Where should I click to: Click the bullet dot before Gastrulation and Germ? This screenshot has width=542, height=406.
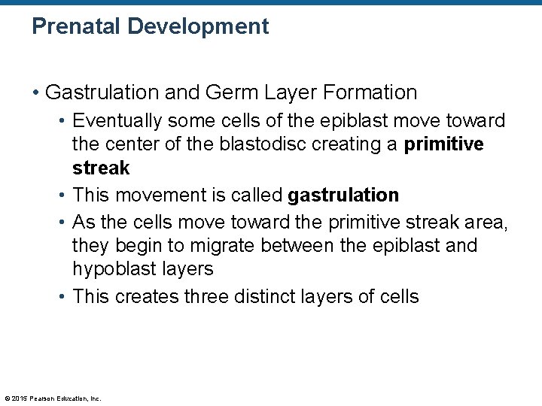[x=36, y=93]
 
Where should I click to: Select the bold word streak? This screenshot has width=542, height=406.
[x=101, y=167]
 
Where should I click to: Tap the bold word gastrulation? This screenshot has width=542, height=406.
[x=343, y=195]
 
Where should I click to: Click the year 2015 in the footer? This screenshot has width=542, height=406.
[x=20, y=398]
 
